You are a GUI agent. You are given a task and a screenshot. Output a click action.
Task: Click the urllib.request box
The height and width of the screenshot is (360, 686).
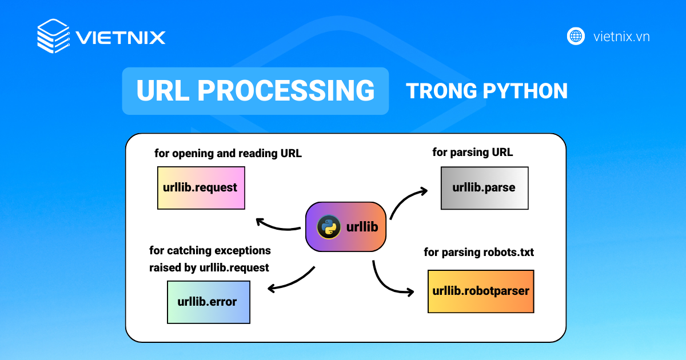201,187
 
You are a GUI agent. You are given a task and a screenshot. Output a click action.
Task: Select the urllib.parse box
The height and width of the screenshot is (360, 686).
484,187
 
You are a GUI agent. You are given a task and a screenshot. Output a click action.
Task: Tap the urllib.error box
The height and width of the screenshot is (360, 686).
208,302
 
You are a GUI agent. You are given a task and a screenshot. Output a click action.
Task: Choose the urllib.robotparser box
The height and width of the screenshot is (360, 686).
481,291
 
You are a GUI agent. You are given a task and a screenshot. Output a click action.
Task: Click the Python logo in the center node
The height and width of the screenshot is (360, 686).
329,227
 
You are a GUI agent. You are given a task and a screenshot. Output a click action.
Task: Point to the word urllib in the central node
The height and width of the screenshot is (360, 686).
362,227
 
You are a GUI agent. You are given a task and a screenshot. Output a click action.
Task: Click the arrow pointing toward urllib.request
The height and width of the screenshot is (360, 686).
277,226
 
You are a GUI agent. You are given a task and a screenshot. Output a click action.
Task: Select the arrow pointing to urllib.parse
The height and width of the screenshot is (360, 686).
407,199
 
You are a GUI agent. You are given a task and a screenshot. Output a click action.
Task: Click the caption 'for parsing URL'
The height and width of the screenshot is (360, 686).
473,153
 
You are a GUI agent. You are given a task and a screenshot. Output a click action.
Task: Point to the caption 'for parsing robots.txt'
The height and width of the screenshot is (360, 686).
478,252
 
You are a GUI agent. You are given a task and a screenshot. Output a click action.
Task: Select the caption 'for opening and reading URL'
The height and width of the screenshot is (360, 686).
228,153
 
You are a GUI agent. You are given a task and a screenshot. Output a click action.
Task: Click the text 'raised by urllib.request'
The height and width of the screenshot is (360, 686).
209,267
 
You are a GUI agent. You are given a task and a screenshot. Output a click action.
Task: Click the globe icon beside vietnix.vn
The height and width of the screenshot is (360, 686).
576,36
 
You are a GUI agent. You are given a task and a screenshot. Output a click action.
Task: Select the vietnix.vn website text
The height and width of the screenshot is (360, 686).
621,37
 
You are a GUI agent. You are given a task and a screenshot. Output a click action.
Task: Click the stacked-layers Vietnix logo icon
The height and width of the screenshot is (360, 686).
53,36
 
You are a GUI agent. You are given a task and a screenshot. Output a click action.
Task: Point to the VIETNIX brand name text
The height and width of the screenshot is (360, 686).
121,38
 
